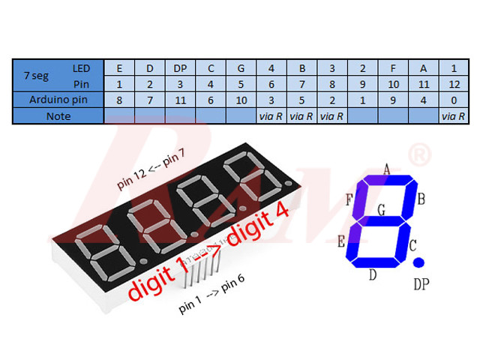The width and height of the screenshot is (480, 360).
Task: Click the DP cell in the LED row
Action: click(x=180, y=68)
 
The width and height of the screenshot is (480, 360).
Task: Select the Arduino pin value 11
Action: click(x=180, y=100)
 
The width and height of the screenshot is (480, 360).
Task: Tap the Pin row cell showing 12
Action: click(x=452, y=84)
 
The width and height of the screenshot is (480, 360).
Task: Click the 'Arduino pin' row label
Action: click(x=58, y=100)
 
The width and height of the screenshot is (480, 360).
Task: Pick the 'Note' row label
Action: click(x=58, y=116)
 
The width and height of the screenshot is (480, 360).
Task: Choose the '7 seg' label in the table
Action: click(x=37, y=76)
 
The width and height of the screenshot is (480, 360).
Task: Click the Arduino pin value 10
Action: click(x=241, y=100)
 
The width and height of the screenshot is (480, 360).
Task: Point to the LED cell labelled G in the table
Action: click(x=241, y=68)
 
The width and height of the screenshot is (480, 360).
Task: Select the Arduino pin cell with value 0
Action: click(x=452, y=100)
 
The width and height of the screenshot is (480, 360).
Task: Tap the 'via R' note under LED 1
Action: click(x=452, y=116)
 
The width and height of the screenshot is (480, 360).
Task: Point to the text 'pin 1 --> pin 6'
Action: click(x=211, y=295)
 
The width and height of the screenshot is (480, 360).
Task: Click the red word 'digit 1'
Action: click(x=161, y=282)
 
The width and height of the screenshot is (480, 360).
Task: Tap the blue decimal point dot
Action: click(x=418, y=262)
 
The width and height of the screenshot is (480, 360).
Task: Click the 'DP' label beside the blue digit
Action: click(x=422, y=284)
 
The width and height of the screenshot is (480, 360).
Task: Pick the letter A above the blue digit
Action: click(x=387, y=169)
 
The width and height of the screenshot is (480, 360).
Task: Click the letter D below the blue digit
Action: click(x=373, y=275)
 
